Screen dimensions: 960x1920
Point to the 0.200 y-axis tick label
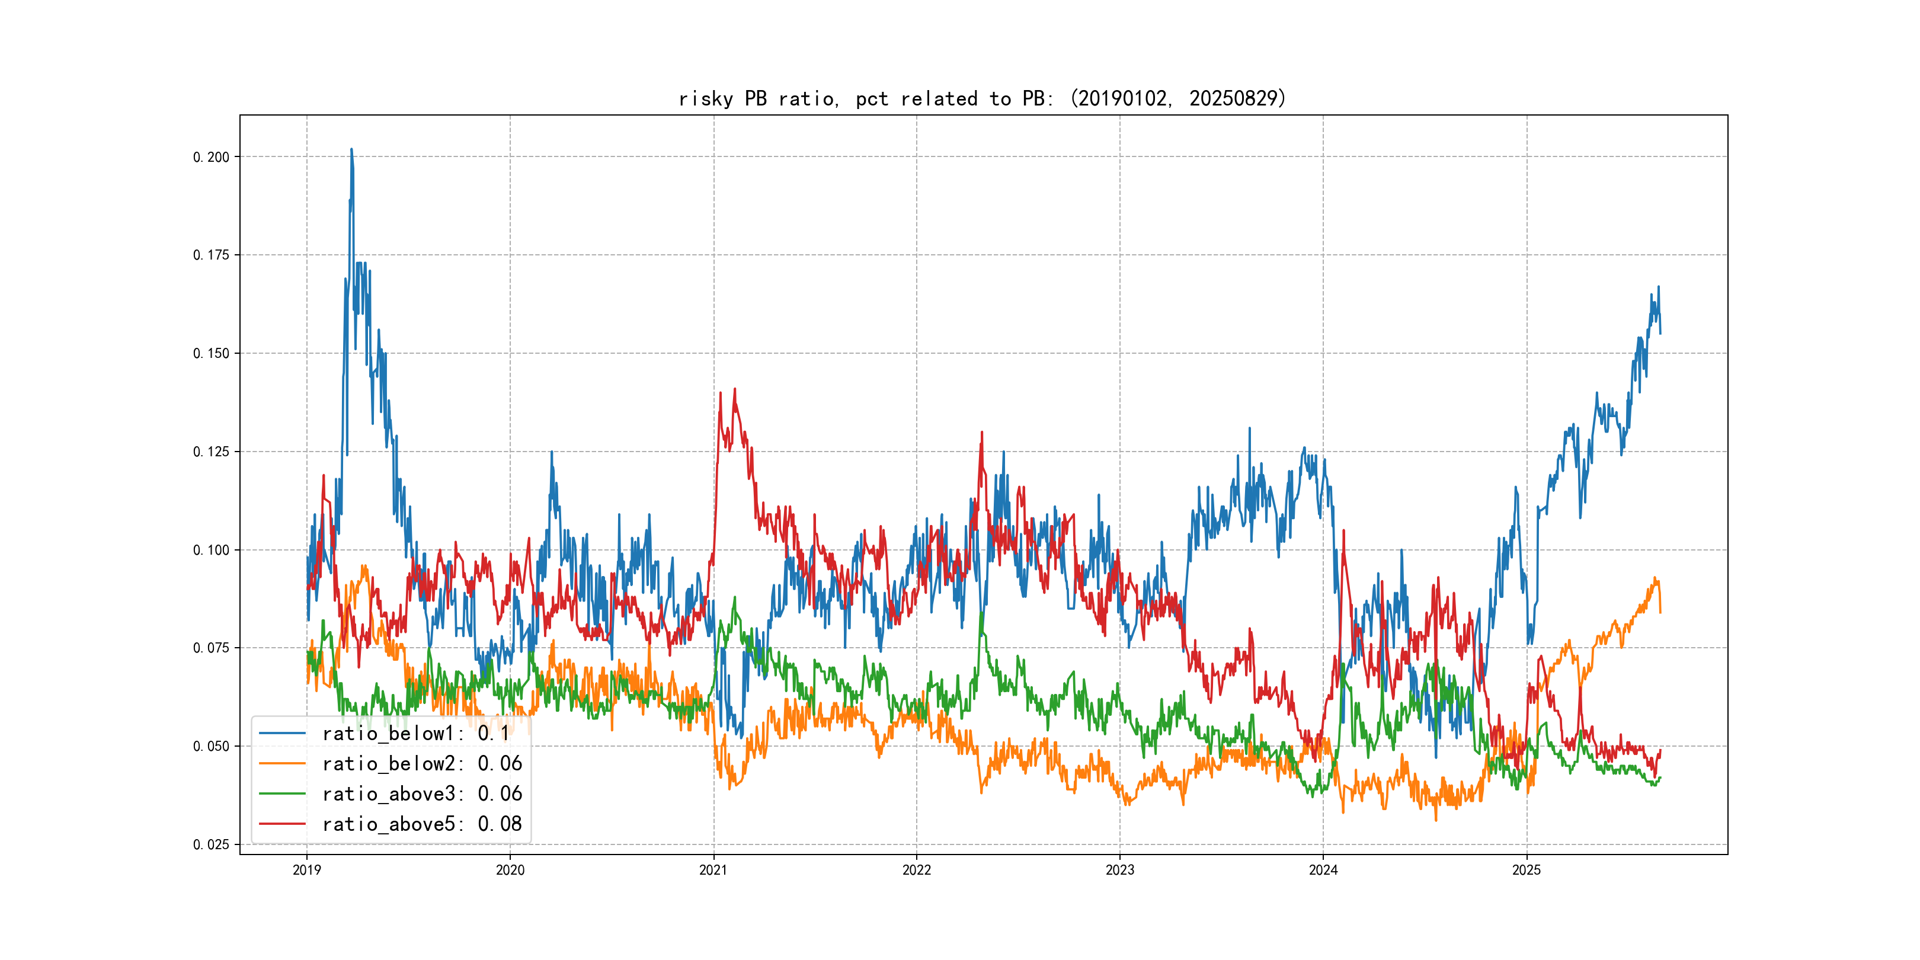point(211,157)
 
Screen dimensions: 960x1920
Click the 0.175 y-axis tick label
point(211,255)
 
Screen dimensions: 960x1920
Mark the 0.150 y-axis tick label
point(211,353)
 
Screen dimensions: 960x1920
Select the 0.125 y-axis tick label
point(211,452)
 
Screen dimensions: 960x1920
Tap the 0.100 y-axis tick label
point(211,550)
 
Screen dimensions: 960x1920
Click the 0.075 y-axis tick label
point(211,648)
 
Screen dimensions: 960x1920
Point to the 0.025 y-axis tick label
point(211,844)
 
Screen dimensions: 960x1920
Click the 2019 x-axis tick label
point(306,870)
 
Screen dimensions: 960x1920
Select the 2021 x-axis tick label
point(713,870)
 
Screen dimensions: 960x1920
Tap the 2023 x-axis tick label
point(1119,870)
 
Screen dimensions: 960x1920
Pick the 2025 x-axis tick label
point(1527,870)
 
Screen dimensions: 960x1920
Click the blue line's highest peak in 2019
point(352,149)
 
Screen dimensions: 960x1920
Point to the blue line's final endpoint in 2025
point(1660,333)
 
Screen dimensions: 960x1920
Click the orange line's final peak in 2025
point(1655,578)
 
